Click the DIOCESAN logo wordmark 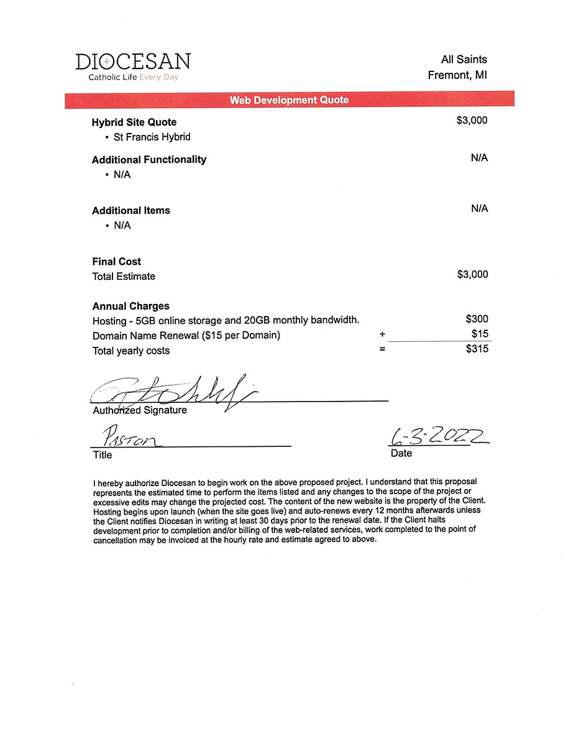pos(133,62)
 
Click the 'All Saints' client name pos(464,60)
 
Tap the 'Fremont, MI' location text pos(457,75)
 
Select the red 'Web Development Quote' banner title pos(289,100)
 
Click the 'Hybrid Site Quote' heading pos(134,122)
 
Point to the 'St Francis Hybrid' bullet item pos(152,137)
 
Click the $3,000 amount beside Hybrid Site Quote pos(472,121)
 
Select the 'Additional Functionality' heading pos(149,160)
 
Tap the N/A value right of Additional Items pos(479,208)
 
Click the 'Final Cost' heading pos(117,262)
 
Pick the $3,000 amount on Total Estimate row pos(472,274)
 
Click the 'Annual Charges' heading pos(131,306)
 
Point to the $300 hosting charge pos(477,319)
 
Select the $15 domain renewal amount pos(480,334)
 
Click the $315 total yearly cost pos(477,349)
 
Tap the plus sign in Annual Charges pos(382,334)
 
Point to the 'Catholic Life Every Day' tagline pos(133,78)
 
